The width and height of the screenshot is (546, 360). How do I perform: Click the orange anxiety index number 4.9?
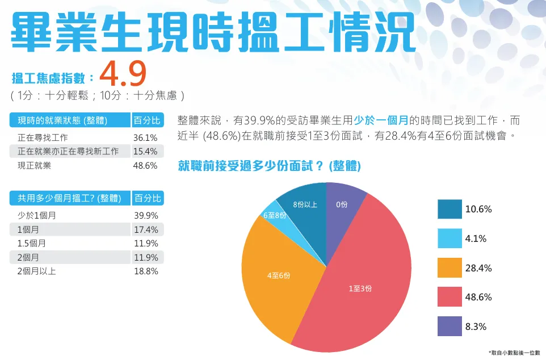click(x=123, y=73)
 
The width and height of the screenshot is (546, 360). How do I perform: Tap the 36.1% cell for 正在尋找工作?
click(x=145, y=137)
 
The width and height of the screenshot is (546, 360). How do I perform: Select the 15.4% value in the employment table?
click(x=145, y=152)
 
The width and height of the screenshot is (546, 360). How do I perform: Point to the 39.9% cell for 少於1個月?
click(x=145, y=216)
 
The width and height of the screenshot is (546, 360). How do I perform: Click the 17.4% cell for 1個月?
click(x=145, y=229)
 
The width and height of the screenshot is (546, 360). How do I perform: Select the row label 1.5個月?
click(x=32, y=244)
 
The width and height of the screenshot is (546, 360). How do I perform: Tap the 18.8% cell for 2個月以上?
click(x=145, y=271)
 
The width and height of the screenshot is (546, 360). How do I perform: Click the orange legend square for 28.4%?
click(x=450, y=268)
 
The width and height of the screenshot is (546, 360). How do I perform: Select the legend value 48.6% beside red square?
click(x=478, y=298)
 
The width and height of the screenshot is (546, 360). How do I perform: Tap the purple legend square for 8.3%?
click(x=450, y=327)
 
